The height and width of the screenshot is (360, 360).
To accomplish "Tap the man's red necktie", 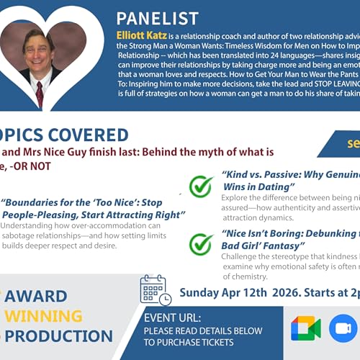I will (x=40, y=93).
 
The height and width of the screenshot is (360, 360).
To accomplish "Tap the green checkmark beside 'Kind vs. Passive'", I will (x=201, y=186).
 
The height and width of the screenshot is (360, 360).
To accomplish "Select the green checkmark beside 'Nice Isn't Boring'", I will (x=201, y=243).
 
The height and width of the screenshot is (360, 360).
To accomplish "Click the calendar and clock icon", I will (x=155, y=289).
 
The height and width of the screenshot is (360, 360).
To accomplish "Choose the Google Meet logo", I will (x=305, y=329).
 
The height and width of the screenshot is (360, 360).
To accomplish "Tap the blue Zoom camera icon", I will (x=343, y=329).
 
